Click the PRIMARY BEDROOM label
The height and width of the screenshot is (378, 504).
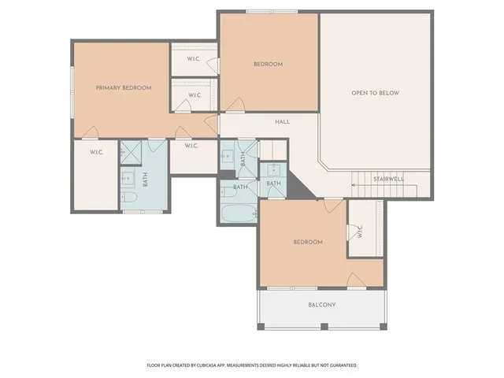coord(124,87)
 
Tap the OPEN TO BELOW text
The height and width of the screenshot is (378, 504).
coord(375,93)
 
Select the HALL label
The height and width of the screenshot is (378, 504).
coord(283,122)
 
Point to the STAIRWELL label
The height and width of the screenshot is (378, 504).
coord(388,179)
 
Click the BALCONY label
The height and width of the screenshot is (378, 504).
coord(321,305)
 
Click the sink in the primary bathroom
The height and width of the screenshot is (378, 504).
coord(126,178)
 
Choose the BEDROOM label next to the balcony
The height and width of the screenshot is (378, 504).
coord(307,242)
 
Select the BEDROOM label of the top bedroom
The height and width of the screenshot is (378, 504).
coord(268,64)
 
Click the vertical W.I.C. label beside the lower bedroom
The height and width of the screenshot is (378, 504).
coord(360,233)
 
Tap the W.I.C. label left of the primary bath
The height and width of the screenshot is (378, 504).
coord(96,152)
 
